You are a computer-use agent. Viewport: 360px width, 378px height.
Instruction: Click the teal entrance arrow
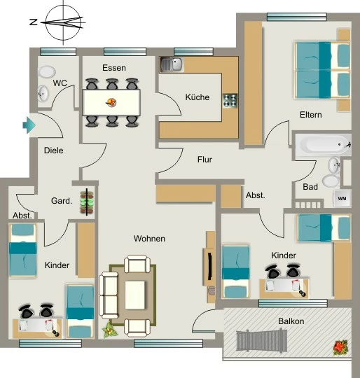pos(29,125)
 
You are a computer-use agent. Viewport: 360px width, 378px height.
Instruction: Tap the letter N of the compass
pos(34,22)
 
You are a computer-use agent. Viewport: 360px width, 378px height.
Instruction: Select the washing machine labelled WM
pos(342,199)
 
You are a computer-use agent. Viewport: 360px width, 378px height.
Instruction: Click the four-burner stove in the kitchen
pos(230,101)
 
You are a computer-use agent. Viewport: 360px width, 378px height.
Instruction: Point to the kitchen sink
pos(172,64)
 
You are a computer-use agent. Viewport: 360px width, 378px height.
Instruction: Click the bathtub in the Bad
pos(324,144)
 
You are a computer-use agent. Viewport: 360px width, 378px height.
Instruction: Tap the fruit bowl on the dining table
pos(111,102)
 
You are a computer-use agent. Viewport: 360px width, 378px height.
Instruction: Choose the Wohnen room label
pos(149,239)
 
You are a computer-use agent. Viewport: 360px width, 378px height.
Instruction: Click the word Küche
pos(198,97)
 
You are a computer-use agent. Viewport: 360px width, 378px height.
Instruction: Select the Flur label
pos(205,160)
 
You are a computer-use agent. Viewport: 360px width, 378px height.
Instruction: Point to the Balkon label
pos(291,321)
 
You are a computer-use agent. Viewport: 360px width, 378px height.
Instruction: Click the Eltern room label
pos(311,115)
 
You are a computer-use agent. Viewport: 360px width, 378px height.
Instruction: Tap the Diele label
pos(54,150)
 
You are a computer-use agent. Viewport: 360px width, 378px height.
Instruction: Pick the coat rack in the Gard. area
pos(87,202)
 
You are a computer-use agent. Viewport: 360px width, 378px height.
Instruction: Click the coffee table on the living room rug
pos(134,295)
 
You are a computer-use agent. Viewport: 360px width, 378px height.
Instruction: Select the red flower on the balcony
pos(340,347)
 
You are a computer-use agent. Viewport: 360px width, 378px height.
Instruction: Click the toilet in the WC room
pos(47,71)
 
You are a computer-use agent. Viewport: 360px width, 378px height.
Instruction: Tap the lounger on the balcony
pos(262,341)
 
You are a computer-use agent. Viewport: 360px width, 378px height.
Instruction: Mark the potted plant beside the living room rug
pos(110,330)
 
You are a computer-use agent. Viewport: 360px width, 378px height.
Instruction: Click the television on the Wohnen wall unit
pos(210,266)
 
